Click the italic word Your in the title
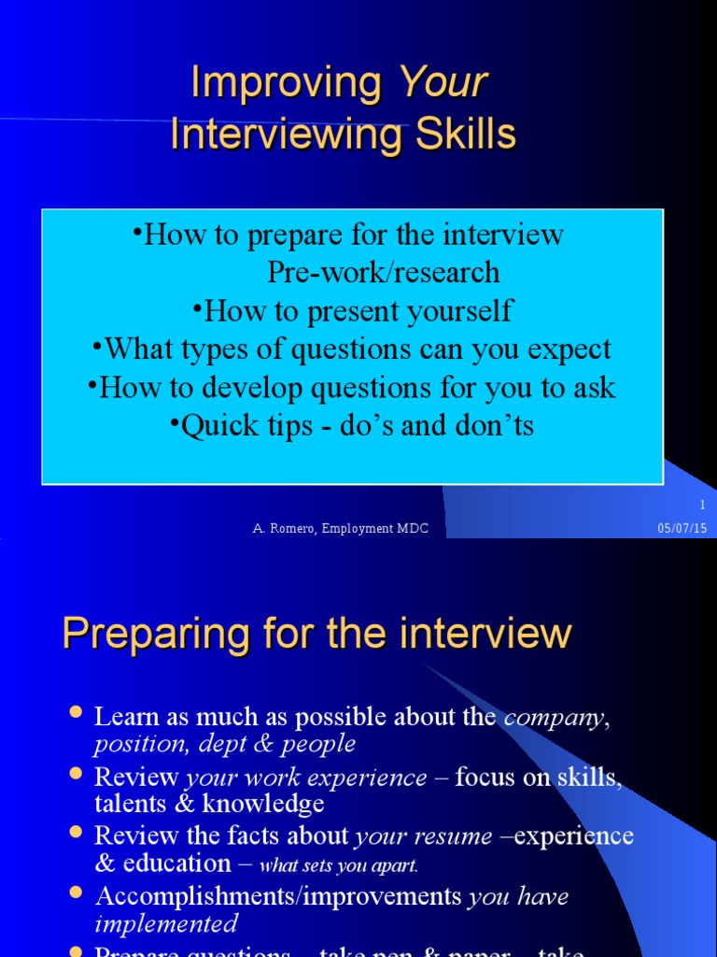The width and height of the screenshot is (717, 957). click(443, 84)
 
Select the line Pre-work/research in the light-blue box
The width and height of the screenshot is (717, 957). click(383, 272)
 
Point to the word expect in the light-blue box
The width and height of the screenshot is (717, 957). click(566, 350)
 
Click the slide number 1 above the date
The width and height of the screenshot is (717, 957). click(702, 505)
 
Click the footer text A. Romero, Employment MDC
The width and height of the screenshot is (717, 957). click(341, 529)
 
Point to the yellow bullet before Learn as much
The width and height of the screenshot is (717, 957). click(77, 715)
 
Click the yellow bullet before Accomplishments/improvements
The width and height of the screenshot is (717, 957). click(77, 894)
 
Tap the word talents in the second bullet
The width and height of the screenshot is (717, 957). click(126, 803)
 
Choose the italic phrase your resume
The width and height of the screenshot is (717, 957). click(423, 836)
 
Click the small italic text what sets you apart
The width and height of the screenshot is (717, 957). click(339, 865)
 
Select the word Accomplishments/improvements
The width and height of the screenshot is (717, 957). click(278, 897)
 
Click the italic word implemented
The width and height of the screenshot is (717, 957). click(165, 924)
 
